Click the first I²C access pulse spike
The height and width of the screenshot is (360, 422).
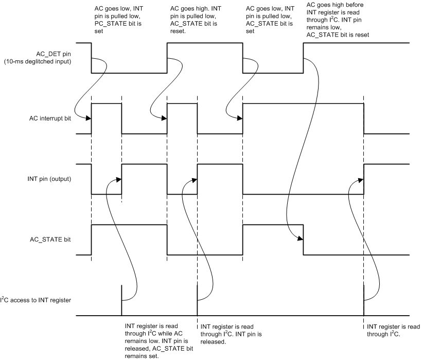point(121,300)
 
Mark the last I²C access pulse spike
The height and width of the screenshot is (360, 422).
point(364,300)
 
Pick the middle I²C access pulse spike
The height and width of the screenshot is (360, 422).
point(198,300)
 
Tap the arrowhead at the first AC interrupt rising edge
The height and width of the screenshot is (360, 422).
point(89,118)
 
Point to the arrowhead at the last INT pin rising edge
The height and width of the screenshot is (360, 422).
point(361,179)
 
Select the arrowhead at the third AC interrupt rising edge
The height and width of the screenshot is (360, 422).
point(240,118)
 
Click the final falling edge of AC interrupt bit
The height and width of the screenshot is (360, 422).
point(364,118)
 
